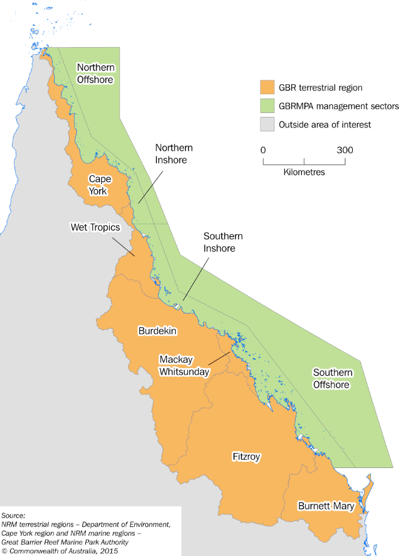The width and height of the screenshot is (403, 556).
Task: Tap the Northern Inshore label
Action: click(x=174, y=153)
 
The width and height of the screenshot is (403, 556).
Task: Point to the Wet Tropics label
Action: click(x=95, y=227)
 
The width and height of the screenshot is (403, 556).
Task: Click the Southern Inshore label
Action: click(x=223, y=242)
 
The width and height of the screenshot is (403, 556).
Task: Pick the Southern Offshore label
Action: click(x=333, y=378)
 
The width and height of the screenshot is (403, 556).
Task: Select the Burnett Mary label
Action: click(x=326, y=506)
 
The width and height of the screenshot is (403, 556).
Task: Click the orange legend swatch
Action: click(x=268, y=87)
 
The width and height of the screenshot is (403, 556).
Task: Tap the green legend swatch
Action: click(x=268, y=106)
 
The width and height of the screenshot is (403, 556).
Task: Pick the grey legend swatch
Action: click(x=268, y=124)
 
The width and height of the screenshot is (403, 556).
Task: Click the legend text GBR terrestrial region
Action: click(x=321, y=87)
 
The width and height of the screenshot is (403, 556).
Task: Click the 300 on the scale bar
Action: click(x=345, y=150)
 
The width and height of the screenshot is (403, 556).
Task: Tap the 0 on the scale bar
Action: click(x=263, y=150)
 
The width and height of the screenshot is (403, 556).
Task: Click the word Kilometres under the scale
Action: click(x=304, y=172)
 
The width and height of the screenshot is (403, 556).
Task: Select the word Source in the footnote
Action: click(x=13, y=515)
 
